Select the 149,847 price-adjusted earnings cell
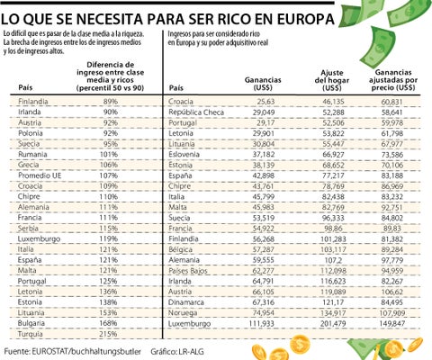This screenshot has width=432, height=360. click(401, 322)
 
